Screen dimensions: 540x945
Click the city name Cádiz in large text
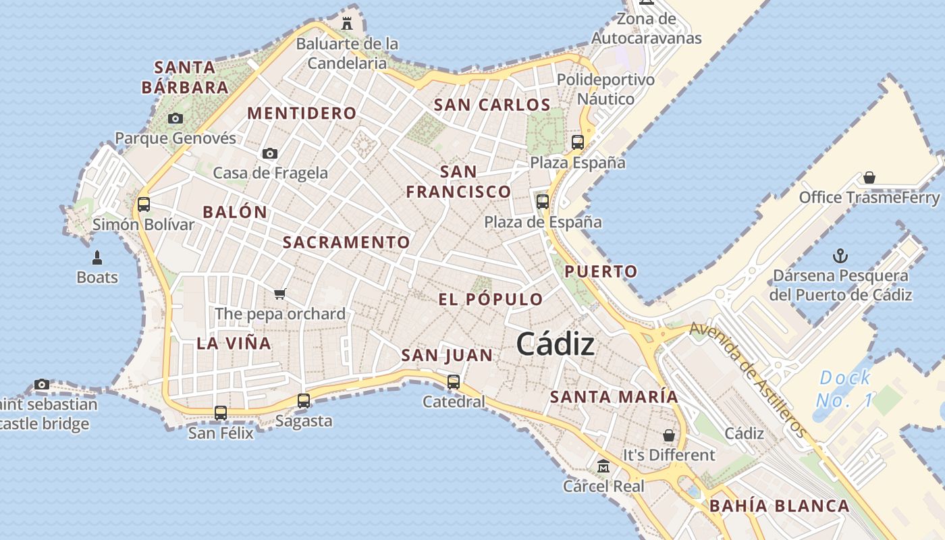click(555, 344)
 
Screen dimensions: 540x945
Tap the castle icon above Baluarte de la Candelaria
click(347, 24)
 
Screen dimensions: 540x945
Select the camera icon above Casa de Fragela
click(270, 153)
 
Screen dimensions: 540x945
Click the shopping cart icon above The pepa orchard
click(280, 294)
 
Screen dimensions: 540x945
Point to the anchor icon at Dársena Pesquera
click(840, 256)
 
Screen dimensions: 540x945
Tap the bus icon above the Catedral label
click(454, 381)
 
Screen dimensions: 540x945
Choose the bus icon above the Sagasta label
click(304, 400)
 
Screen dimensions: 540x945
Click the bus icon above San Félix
click(221, 412)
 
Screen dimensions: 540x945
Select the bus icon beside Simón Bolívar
click(143, 204)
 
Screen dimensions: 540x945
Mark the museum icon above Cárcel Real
click(603, 466)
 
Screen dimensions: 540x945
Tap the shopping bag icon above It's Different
click(668, 435)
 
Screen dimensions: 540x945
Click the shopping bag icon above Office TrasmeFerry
click(869, 178)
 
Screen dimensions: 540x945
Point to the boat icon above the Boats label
click(97, 257)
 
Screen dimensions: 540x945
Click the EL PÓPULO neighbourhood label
click(491, 299)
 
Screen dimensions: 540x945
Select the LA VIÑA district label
click(234, 343)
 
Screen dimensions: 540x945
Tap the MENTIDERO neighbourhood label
click(301, 113)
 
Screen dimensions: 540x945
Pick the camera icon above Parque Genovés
click(175, 119)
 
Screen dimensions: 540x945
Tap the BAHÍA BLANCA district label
click(780, 506)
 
